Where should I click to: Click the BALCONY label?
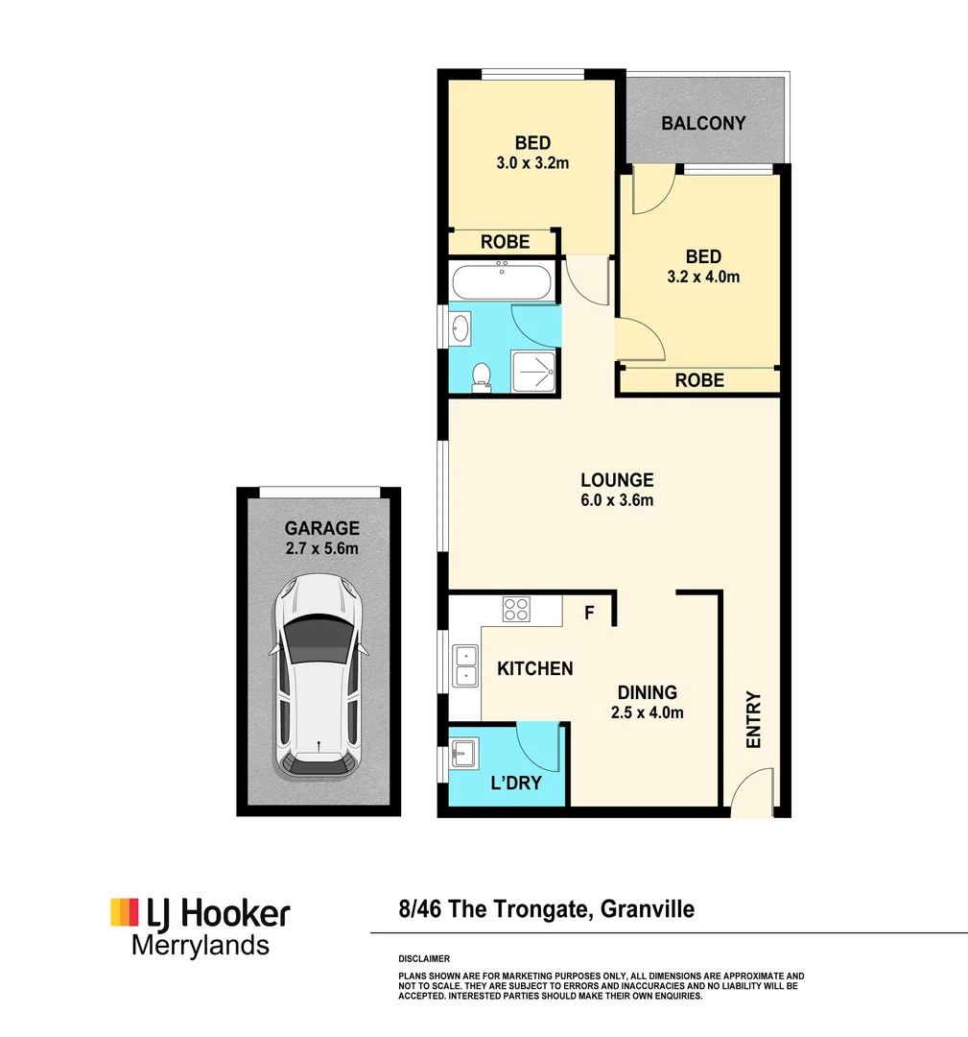point(703,123)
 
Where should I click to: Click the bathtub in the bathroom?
point(502,283)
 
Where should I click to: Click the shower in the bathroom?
point(534,371)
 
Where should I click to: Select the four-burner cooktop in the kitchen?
point(517,608)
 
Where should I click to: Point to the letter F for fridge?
point(592,612)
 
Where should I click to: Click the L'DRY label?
point(516,783)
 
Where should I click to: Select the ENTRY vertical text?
point(753,720)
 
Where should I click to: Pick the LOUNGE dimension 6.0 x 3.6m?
point(616,500)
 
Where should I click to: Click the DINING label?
point(647,692)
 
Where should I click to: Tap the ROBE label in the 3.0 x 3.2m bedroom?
point(505,242)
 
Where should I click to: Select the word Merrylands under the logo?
point(200,945)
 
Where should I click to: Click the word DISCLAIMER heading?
point(423,959)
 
